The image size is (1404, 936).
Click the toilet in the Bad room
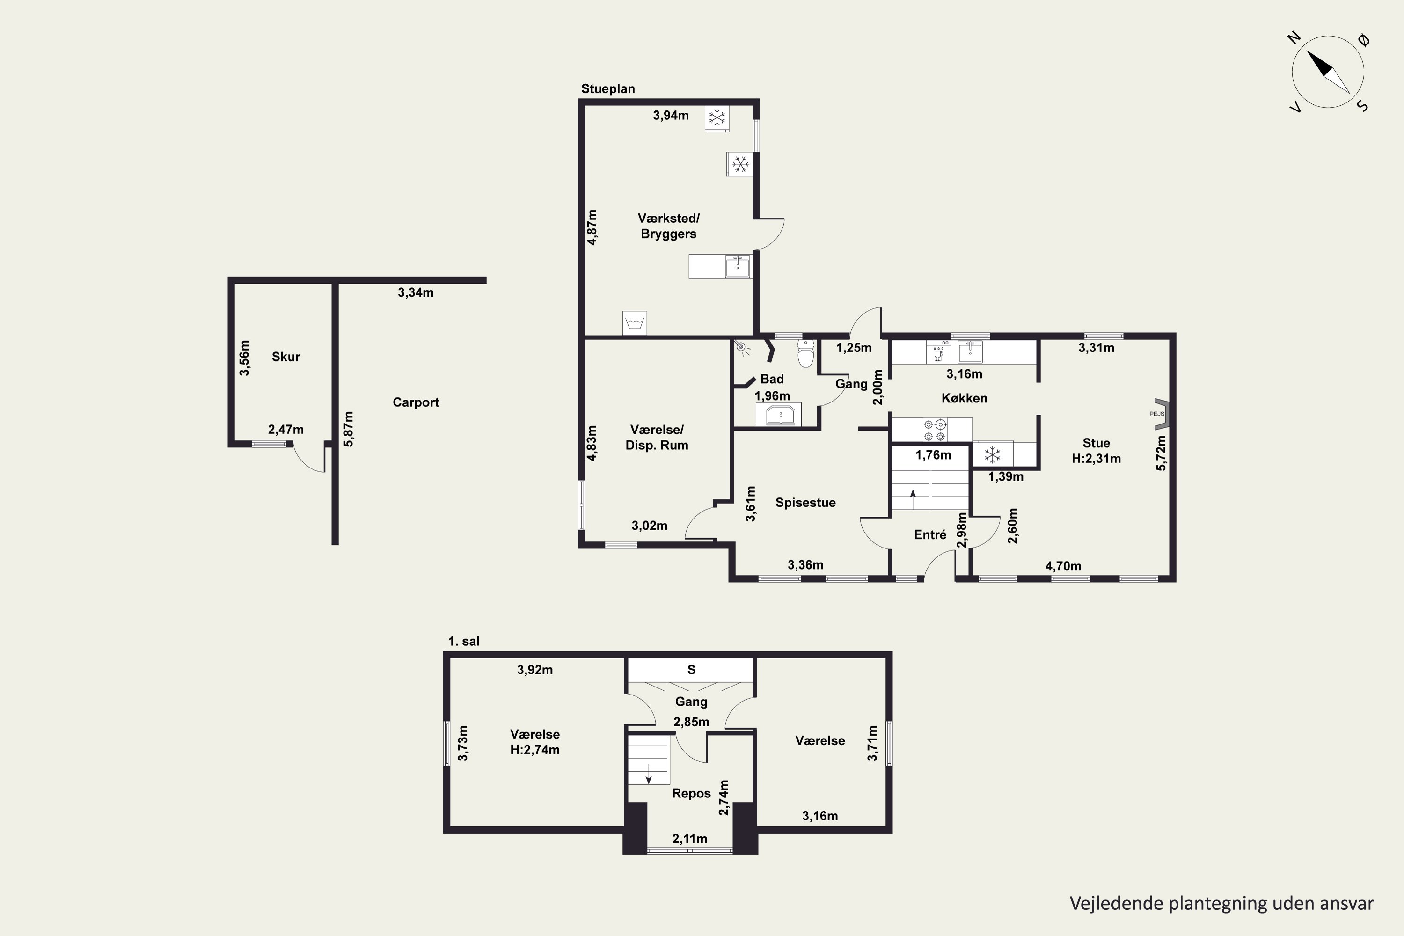pos(806,353)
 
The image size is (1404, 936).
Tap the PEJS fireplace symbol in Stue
pos(1161,414)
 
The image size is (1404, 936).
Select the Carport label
pos(416,402)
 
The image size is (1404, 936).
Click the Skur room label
pos(286,357)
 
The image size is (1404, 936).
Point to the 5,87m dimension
pos(349,429)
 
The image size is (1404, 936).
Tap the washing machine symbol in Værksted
pos(635,323)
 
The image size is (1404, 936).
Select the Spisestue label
pos(805,503)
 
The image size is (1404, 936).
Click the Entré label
pos(930,535)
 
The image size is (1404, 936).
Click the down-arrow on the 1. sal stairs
pos(648,775)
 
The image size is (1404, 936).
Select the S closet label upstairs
pos(691,670)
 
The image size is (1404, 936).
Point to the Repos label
pos(691,793)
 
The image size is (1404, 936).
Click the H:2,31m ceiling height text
pos(1096,459)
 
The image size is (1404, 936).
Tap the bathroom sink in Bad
pos(780,415)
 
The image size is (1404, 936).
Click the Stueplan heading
pos(607,89)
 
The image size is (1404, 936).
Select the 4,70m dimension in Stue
pos(1063,566)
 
